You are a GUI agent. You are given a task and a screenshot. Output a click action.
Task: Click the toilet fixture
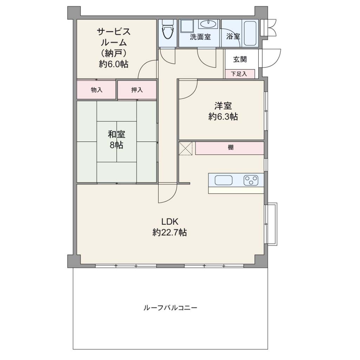tap(168, 31)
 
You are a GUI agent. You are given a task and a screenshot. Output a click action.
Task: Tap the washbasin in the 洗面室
tap(208, 24)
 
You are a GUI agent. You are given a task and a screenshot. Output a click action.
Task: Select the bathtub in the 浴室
tap(250, 33)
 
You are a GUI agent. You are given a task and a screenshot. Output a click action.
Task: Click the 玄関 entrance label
tap(240, 59)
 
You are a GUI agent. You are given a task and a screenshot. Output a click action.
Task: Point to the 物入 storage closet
tap(96, 90)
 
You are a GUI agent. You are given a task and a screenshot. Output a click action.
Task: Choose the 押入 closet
tap(137, 90)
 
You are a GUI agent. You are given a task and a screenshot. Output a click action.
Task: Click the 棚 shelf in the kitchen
tap(230, 148)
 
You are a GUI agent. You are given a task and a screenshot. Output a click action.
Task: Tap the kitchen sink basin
tap(223, 180)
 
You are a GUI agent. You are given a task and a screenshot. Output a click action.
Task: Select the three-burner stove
tap(251, 180)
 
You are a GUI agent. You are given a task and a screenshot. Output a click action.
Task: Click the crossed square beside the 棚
tap(186, 149)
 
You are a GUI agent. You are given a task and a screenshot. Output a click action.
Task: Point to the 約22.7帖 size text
tap(170, 233)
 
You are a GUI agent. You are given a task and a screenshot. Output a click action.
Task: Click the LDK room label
tap(170, 222)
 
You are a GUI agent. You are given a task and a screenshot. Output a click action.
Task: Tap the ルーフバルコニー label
tap(170, 308)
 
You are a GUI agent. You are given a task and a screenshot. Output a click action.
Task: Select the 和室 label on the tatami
tap(117, 134)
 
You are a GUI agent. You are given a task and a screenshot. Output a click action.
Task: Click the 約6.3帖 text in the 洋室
tap(223, 117)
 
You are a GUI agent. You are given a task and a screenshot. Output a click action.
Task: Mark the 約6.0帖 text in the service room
tap(114, 64)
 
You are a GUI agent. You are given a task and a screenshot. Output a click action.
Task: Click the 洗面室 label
tap(200, 37)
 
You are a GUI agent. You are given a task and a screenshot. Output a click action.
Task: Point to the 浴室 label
tap(233, 37)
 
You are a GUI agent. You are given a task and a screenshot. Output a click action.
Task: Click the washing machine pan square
tap(188, 26)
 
